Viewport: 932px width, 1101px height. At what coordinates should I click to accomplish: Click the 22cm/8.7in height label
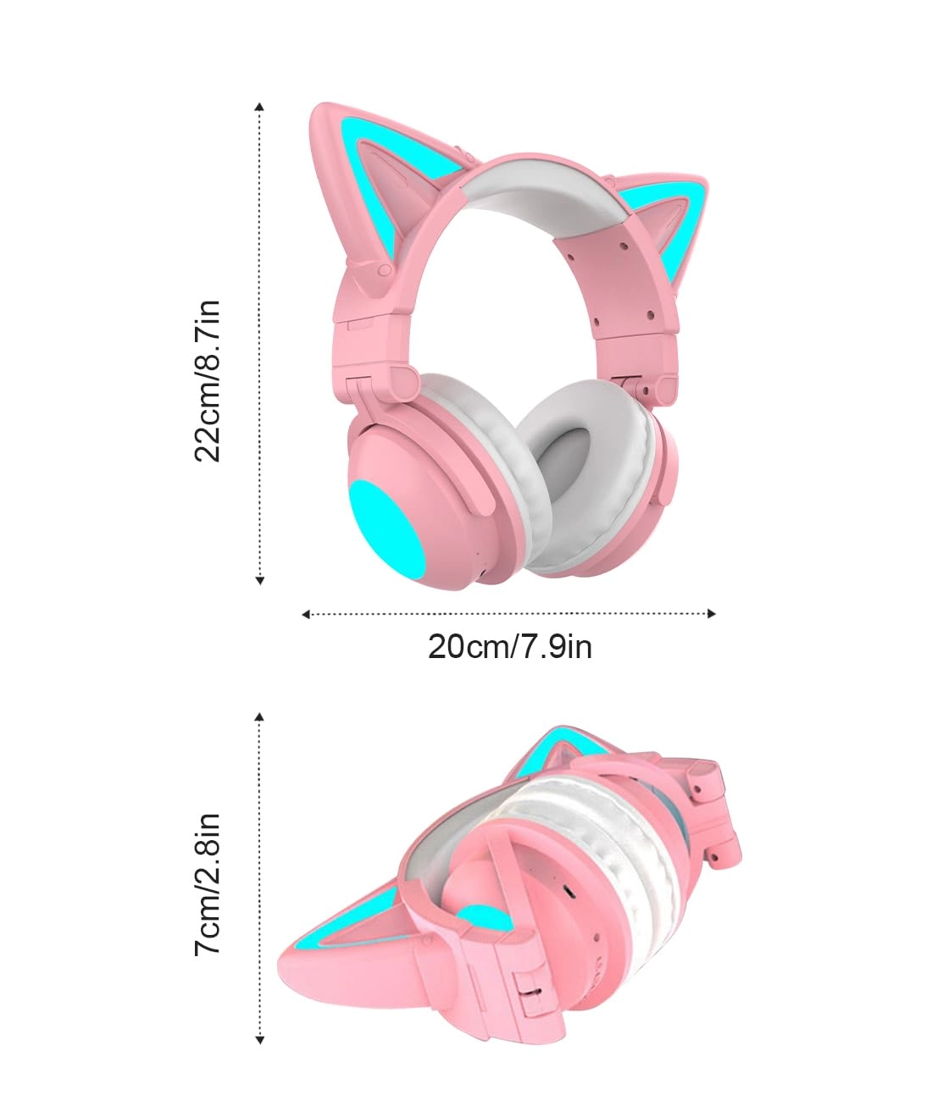tap(208, 379)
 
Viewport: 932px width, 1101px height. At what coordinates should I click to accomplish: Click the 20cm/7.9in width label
tap(509, 647)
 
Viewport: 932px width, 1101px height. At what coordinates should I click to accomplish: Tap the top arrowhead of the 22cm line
tap(260, 107)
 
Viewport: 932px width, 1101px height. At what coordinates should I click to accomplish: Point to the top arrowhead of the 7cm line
tap(260, 716)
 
